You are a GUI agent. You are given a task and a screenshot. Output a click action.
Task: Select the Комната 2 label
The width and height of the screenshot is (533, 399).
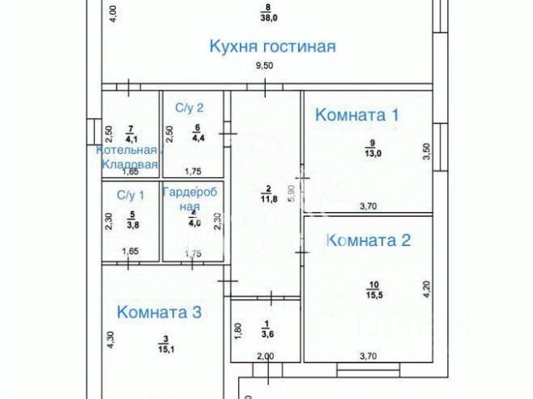click(368, 241)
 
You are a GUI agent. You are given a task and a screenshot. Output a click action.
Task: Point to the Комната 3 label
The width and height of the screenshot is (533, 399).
click(159, 313)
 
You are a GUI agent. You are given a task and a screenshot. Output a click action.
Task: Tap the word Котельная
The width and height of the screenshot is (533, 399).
click(127, 150)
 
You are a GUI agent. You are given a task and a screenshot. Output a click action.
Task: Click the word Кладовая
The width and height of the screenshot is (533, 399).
click(130, 165)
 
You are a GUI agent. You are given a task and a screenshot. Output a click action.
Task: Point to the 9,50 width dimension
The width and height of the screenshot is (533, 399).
click(264, 66)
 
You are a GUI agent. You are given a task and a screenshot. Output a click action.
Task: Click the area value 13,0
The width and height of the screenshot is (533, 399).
click(371, 153)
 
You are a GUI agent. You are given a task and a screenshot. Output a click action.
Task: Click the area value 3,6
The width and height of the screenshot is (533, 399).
click(266, 334)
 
